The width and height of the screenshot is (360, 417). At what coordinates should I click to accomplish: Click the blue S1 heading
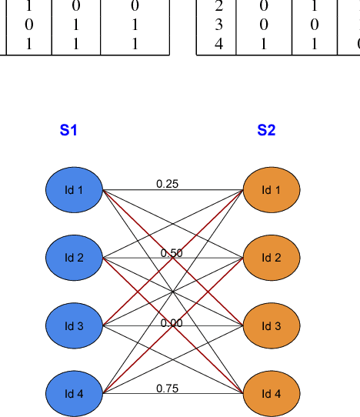[x=68, y=130]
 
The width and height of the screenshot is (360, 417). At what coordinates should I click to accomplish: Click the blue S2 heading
[x=266, y=130]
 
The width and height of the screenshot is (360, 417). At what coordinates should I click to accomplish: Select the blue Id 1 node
[x=74, y=189]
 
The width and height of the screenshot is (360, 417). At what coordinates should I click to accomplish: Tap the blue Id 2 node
[x=74, y=257]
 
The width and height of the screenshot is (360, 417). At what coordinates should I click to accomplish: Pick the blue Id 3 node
[x=74, y=325]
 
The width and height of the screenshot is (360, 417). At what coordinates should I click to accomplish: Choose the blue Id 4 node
[x=74, y=394]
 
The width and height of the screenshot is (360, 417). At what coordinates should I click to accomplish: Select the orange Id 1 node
[x=271, y=189]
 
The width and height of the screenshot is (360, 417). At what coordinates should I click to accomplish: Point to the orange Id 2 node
[x=271, y=257]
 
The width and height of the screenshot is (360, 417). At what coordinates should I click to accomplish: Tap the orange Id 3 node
[x=271, y=325]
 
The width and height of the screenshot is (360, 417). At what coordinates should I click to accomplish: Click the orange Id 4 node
[x=271, y=394]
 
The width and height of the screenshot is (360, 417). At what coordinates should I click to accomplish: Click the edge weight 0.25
[x=167, y=184]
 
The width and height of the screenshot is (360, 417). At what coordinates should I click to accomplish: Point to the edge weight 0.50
[x=172, y=253]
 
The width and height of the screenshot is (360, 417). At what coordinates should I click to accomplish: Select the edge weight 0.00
[x=172, y=323]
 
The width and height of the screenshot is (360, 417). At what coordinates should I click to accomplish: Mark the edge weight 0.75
[x=167, y=389]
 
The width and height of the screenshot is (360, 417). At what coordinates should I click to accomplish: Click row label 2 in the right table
[x=218, y=8]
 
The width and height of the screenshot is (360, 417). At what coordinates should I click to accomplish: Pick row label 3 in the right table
[x=218, y=25]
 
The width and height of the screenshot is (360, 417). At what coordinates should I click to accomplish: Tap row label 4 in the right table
[x=218, y=44]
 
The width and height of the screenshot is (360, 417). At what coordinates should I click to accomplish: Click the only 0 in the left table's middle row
[x=29, y=25]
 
